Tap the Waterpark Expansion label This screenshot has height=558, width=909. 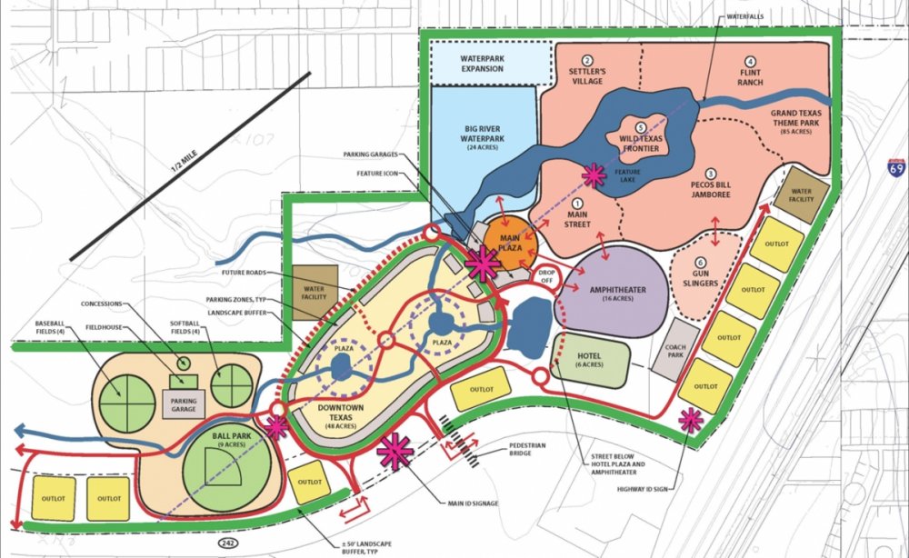pyautogui.click(x=481, y=63)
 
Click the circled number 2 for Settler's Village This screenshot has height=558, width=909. pyautogui.click(x=587, y=60)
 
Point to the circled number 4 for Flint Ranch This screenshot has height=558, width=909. pyautogui.click(x=750, y=61)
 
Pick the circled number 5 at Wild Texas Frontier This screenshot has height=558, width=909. pyautogui.click(x=641, y=127)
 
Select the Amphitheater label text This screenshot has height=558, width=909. pyautogui.click(x=617, y=291)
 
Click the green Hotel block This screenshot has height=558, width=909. pyautogui.click(x=590, y=357)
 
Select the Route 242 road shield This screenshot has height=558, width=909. pyautogui.click(x=223, y=543)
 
